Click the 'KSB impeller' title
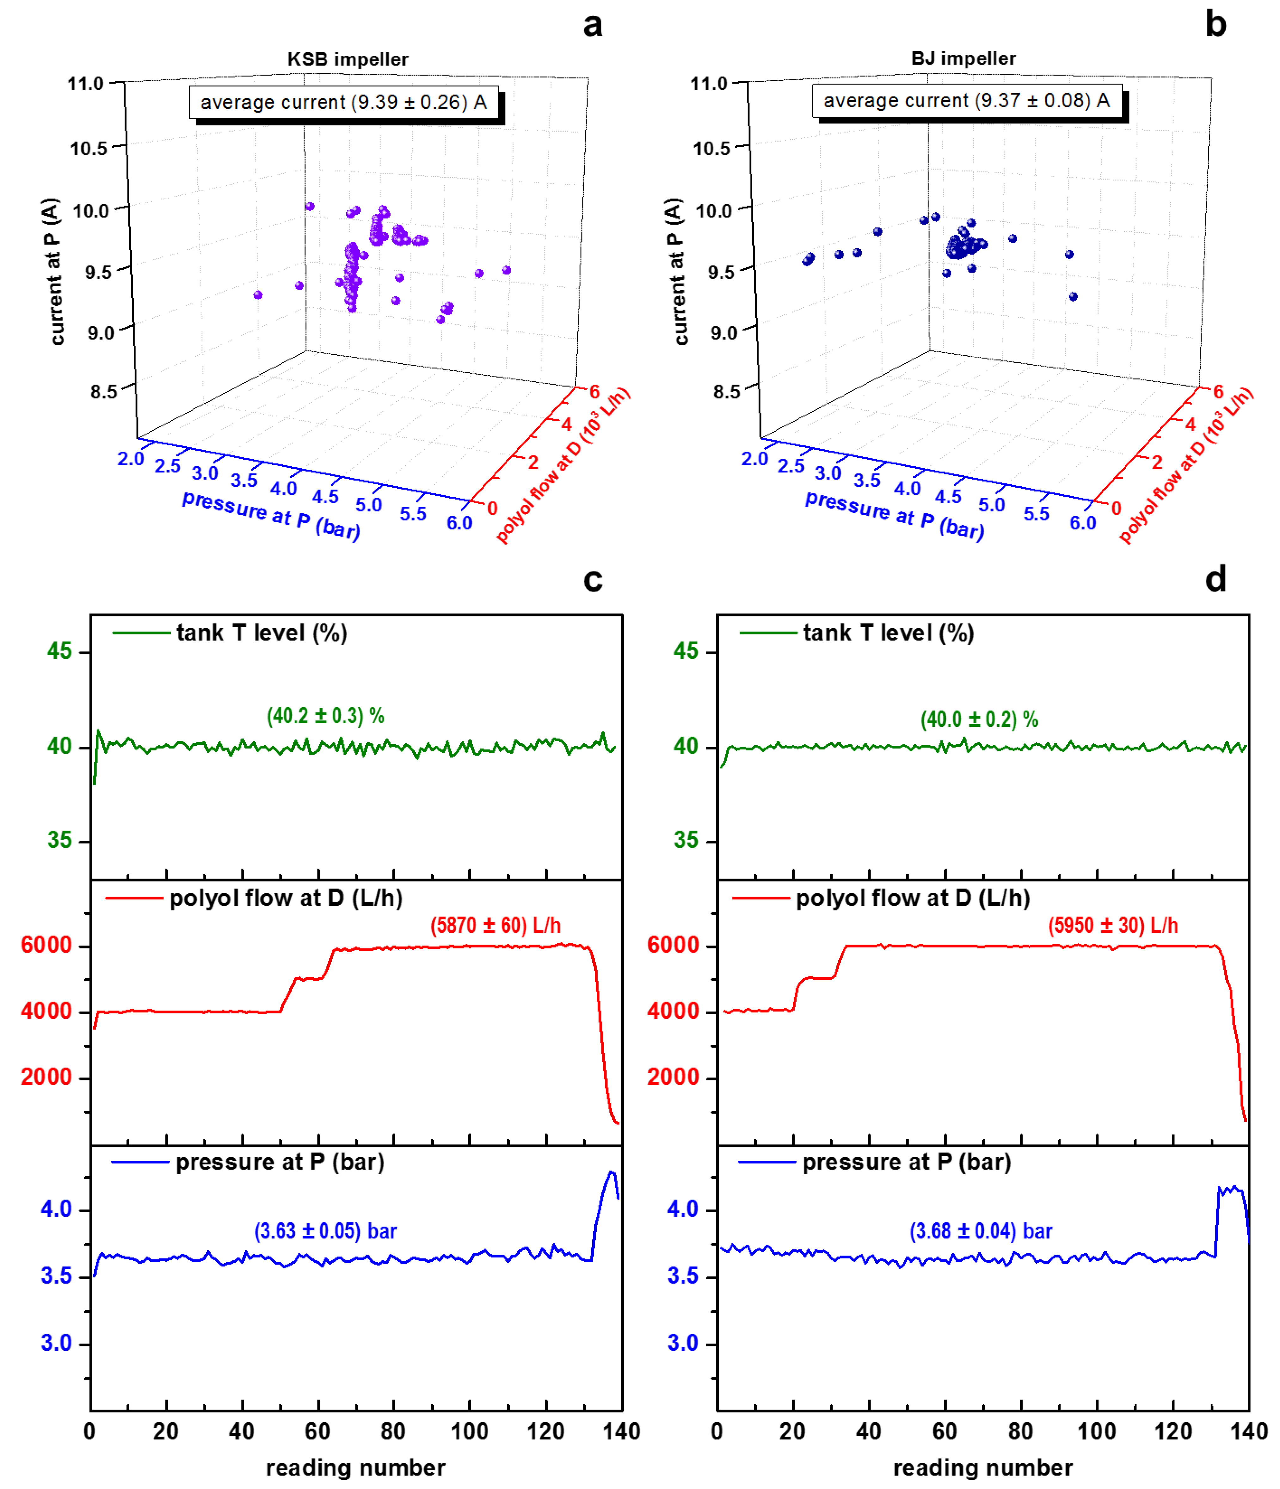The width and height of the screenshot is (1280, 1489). (348, 59)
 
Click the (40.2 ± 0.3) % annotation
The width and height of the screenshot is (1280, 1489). (325, 716)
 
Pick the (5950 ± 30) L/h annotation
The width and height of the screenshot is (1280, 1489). (1113, 926)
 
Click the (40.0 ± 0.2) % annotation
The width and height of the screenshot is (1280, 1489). (979, 719)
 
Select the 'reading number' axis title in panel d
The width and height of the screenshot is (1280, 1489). (983, 1467)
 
